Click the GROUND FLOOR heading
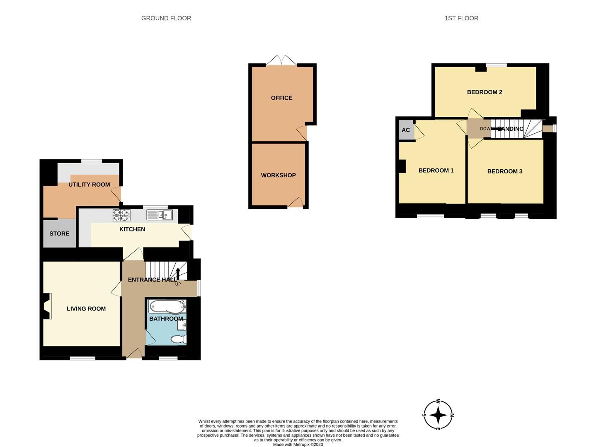click(x=166, y=18)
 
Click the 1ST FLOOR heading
click(x=461, y=18)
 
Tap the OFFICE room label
click(x=281, y=98)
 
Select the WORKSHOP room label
click(x=278, y=175)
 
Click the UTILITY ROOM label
click(x=89, y=185)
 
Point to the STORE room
click(x=59, y=234)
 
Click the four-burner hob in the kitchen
click(x=121, y=215)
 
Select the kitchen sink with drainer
click(x=160, y=215)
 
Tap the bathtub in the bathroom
click(x=167, y=307)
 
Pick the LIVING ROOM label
click(x=86, y=309)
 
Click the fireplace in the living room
click(x=48, y=306)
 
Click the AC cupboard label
click(x=406, y=130)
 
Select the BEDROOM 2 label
click(x=485, y=92)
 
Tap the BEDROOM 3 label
click(x=504, y=171)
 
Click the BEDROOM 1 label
click(x=436, y=171)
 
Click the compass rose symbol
click(x=438, y=415)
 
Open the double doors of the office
click(x=281, y=60)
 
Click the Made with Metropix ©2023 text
click(x=298, y=445)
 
